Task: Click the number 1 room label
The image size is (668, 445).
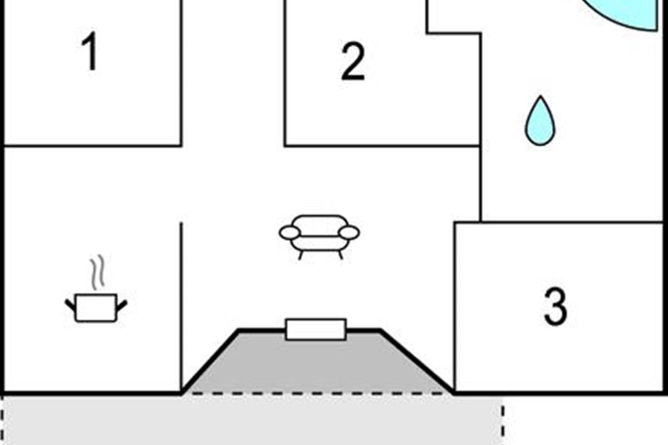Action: (x=91, y=51)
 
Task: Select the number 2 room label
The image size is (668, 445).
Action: (x=353, y=61)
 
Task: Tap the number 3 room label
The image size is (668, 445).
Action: (x=556, y=306)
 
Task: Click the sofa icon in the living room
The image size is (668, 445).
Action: (x=319, y=237)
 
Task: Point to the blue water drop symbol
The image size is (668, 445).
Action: (x=540, y=121)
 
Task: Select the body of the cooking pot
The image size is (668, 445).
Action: (x=96, y=308)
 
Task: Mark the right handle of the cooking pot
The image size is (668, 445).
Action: (x=122, y=306)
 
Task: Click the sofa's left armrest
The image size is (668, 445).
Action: (x=289, y=233)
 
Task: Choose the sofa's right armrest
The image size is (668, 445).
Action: (x=349, y=233)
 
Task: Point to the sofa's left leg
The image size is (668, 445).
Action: (x=301, y=256)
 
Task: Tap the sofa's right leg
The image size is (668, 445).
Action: (x=341, y=256)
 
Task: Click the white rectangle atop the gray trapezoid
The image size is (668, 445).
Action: (x=316, y=329)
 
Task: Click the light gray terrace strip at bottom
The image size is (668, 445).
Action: (x=252, y=421)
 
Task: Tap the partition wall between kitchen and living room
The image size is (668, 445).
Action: (x=181, y=308)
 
